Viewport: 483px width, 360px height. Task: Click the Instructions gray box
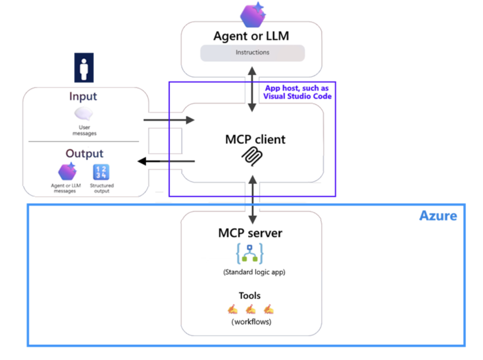pos(252,53)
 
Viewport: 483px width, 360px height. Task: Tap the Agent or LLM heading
pos(251,36)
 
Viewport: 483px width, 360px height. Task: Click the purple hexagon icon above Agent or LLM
pos(252,15)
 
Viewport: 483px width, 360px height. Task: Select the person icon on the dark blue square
pos(84,67)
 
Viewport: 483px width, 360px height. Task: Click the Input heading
pos(83,96)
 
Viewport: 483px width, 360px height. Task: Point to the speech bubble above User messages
pos(84,114)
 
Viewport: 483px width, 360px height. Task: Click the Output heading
pos(84,153)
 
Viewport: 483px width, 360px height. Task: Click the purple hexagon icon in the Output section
pos(67,172)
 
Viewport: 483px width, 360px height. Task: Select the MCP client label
pos(255,139)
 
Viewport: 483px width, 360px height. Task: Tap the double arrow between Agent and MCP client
pos(252,90)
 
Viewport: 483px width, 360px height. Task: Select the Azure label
pos(438,216)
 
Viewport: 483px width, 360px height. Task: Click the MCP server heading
pos(250,233)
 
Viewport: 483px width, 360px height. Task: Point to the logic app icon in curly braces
pos(250,253)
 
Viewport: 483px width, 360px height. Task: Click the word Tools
pos(250,295)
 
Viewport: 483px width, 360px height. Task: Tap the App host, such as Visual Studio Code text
pos(297,92)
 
